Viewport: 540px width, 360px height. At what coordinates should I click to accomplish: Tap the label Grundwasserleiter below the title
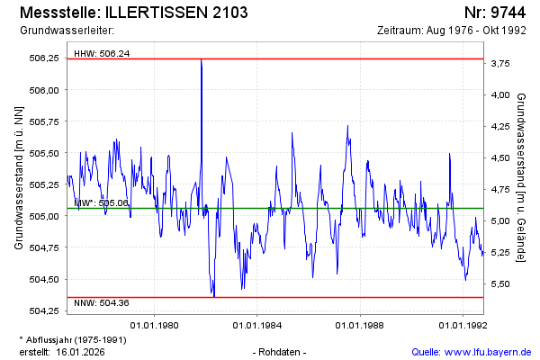(x=61, y=31)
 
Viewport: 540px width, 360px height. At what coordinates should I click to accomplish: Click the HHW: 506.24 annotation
(x=102, y=53)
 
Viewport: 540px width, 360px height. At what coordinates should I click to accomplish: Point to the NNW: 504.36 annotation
(x=102, y=302)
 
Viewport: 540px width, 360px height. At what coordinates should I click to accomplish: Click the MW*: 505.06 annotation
(x=102, y=203)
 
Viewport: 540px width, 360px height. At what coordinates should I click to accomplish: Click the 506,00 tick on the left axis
(x=44, y=90)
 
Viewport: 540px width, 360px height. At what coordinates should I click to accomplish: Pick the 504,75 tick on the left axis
(x=44, y=247)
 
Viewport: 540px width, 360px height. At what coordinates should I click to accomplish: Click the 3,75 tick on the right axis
(x=499, y=64)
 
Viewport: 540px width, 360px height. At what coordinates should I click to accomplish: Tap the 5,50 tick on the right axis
(x=499, y=284)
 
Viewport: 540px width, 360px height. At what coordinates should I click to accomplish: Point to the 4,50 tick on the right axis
(x=499, y=158)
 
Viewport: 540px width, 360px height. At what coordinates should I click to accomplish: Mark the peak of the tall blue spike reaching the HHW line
(x=201, y=59)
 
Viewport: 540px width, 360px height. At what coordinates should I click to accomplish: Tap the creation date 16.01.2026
(x=82, y=352)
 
